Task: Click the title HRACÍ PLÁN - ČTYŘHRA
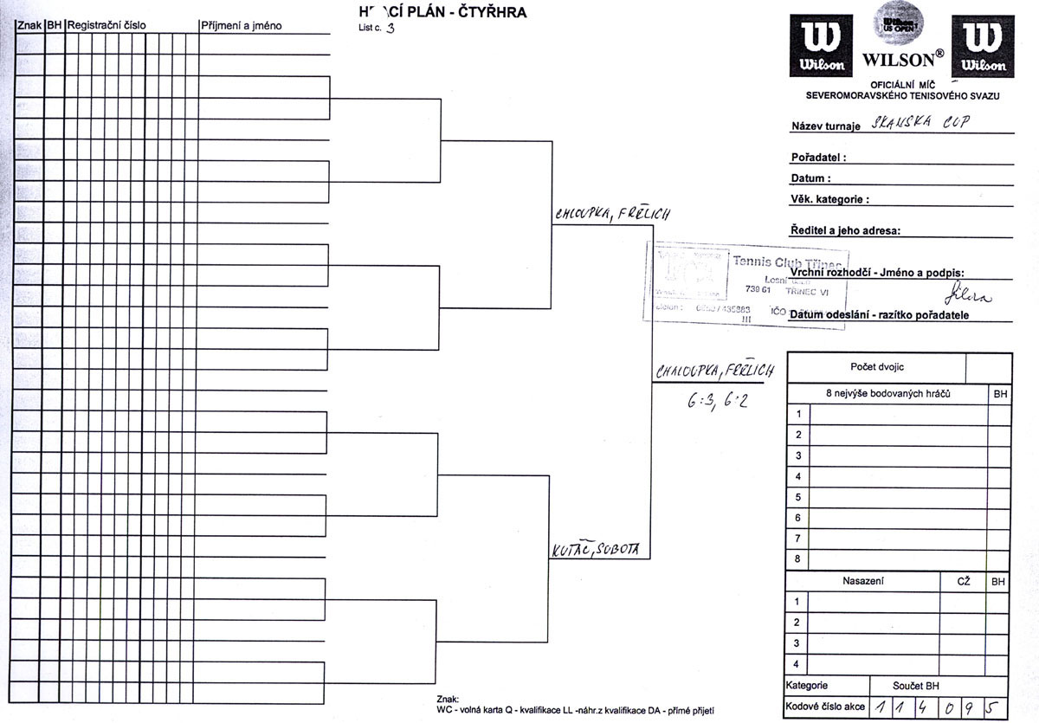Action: point(442,12)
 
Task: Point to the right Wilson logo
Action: point(983,46)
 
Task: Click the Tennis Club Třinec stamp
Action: point(748,282)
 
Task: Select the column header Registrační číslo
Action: point(106,26)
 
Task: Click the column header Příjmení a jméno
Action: point(241,26)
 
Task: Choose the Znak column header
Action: point(29,26)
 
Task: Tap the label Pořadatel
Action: point(818,158)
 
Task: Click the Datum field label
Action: point(810,179)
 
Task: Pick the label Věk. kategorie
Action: point(829,200)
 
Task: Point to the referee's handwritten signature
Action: point(967,294)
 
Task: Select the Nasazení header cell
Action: point(862,582)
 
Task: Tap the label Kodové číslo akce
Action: point(825,707)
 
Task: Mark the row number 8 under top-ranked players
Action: point(797,559)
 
